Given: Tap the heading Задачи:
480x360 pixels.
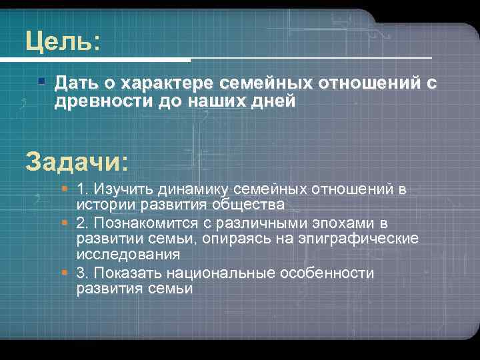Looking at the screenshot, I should click(77, 161).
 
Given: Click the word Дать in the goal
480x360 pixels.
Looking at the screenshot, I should click(75, 83).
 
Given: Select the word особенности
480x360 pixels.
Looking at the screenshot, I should click(331, 273).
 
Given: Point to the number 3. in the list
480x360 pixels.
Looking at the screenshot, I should click(83, 273).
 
